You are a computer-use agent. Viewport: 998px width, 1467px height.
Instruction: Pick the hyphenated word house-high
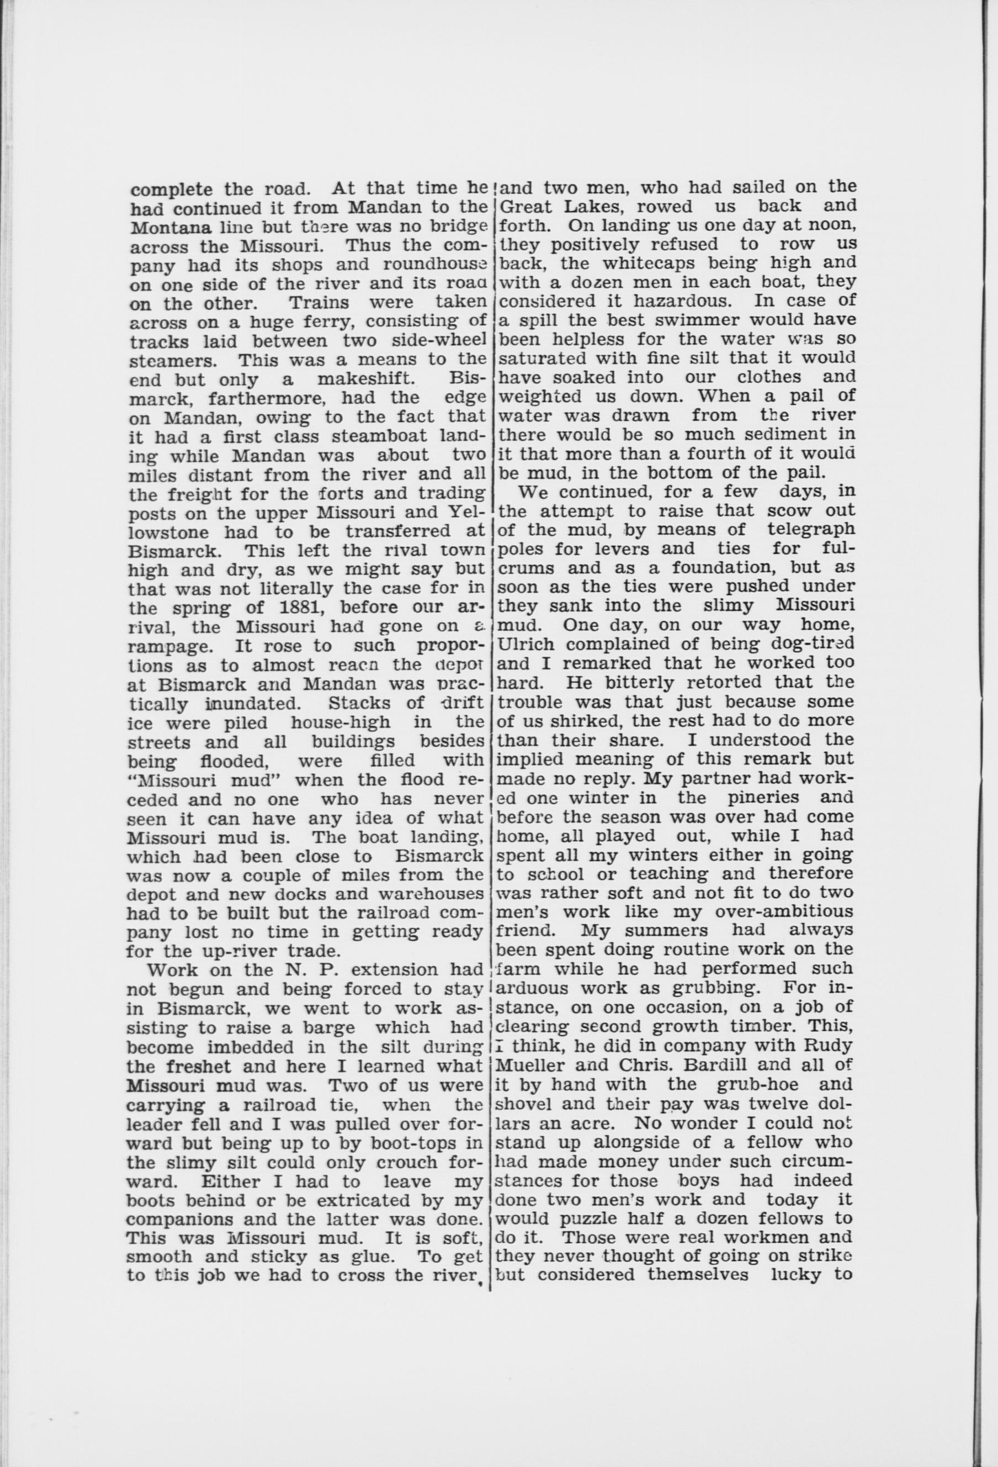coord(341,722)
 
